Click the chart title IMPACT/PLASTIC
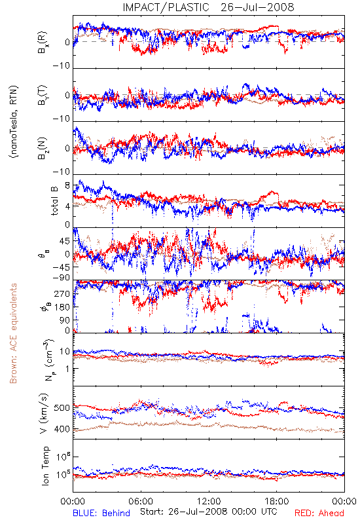(166, 7)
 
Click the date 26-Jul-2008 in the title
(257, 7)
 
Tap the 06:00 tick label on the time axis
(141, 501)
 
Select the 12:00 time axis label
(209, 501)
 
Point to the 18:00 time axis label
(277, 501)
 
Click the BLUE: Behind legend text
(101, 513)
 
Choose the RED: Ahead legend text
(319, 513)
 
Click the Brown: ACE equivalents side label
(13, 333)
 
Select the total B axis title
(54, 201)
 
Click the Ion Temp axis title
(45, 466)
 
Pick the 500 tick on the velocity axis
(62, 408)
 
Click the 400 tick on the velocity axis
(62, 429)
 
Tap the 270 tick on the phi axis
(62, 293)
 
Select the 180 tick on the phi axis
(62, 307)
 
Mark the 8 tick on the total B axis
(67, 185)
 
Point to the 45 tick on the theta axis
(65, 241)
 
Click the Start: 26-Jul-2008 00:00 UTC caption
(209, 512)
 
